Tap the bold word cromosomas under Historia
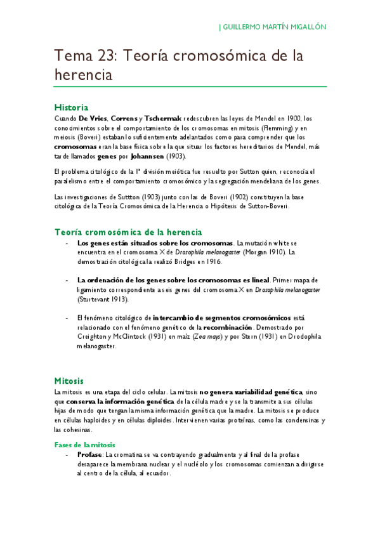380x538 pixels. tap(75, 146)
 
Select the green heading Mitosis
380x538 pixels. tap(69, 381)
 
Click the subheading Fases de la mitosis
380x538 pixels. tap(84, 445)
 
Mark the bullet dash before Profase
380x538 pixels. tap(68, 455)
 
